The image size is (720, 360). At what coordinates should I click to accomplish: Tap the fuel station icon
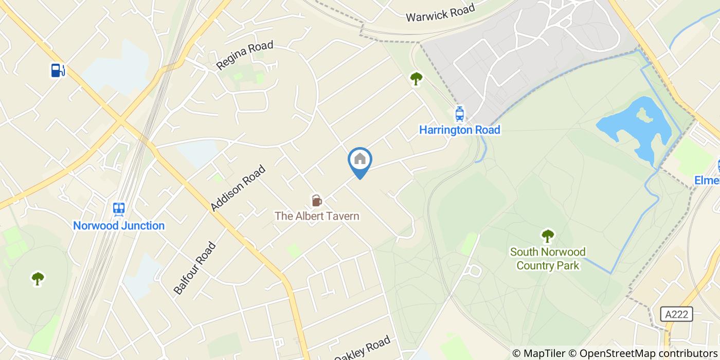[x=58, y=70]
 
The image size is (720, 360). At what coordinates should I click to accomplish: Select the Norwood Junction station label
[x=119, y=226]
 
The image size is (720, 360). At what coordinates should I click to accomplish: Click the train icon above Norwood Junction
[x=119, y=209]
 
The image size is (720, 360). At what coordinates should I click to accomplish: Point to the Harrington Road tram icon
[x=459, y=114]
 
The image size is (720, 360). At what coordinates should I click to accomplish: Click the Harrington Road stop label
[x=459, y=130]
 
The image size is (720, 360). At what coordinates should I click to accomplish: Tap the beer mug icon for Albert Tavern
[x=316, y=201]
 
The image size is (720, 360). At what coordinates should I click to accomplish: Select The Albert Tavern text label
[x=317, y=216]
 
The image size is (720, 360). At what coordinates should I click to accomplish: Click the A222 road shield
[x=676, y=314]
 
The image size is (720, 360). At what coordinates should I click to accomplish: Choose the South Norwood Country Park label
[x=548, y=259]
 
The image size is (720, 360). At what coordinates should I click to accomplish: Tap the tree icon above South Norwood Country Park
[x=548, y=236]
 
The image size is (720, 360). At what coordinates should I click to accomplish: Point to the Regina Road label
[x=245, y=56]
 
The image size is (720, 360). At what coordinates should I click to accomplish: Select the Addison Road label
[x=238, y=188]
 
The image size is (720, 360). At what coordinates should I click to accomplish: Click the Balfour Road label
[x=194, y=268]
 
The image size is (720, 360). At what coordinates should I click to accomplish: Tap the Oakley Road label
[x=363, y=348]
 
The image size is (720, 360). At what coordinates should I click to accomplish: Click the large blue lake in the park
[x=638, y=129]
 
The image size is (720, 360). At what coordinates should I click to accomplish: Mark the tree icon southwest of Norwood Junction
[x=38, y=278]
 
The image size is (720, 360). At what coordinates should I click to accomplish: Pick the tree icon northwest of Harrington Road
[x=416, y=78]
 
